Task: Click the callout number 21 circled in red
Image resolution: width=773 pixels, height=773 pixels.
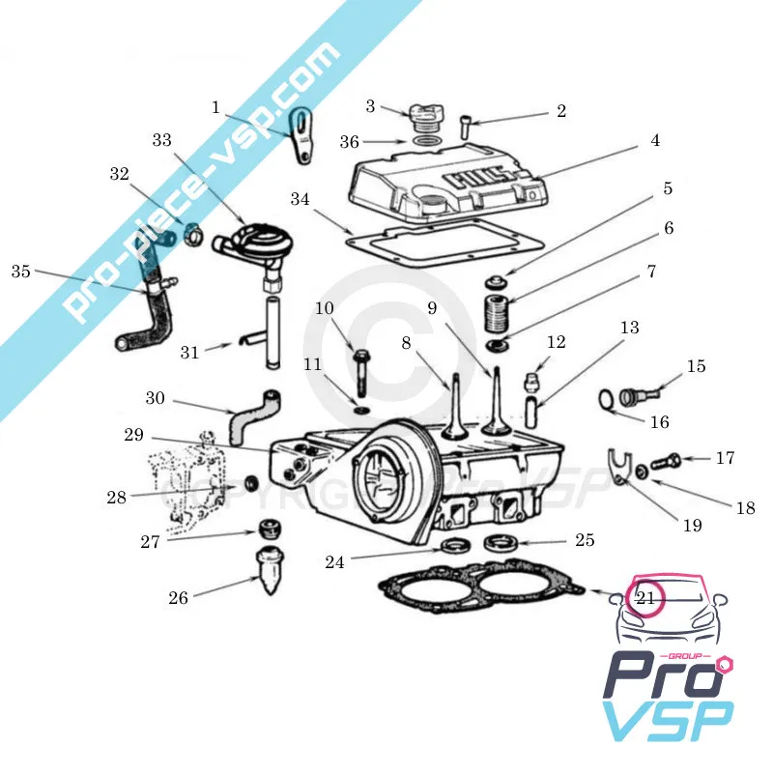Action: (645, 599)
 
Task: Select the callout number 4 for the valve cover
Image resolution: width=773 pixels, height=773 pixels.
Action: (654, 141)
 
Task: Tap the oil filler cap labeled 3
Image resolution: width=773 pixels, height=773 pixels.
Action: (422, 119)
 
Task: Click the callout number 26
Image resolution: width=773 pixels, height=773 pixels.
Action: (178, 598)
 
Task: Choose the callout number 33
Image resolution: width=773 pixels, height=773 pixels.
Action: (161, 140)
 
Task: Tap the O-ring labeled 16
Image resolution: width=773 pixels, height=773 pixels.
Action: (605, 399)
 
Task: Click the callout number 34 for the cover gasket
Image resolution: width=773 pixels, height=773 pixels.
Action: (301, 199)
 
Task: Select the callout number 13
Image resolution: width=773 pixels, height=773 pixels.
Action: (630, 329)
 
